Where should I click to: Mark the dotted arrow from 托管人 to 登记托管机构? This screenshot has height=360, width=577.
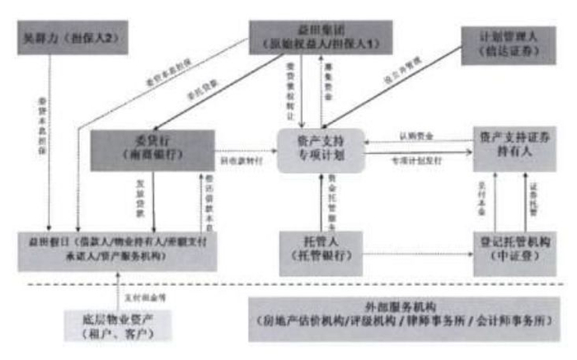pyautogui.click(x=415, y=255)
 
